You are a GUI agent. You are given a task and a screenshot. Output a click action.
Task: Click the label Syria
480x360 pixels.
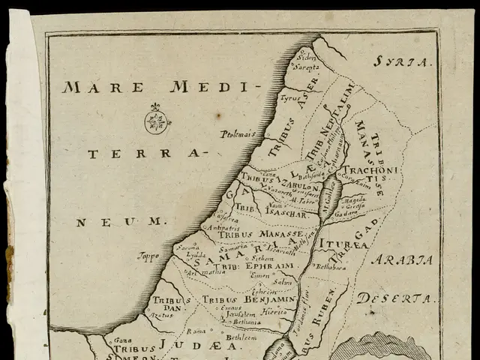(404, 62)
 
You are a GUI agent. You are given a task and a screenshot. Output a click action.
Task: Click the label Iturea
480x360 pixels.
(343, 244)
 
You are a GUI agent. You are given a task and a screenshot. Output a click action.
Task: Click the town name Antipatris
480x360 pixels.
(202, 228)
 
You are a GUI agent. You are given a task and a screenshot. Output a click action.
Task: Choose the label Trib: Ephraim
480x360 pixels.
(241, 266)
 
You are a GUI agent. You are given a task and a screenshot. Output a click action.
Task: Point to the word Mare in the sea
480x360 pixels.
(91, 87)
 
